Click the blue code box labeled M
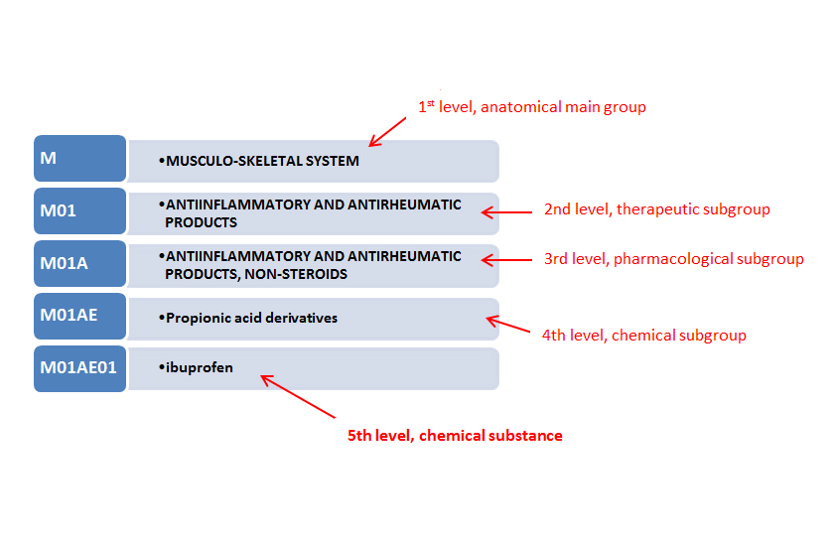coord(79,159)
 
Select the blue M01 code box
coord(79,210)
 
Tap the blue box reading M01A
coord(79,263)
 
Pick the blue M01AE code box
coord(79,316)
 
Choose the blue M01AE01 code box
coord(79,368)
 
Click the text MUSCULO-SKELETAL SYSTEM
coord(262,160)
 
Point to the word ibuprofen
coord(200,367)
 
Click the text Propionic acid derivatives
coord(251,318)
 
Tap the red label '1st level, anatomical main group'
coord(531,106)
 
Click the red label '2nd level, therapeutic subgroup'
coord(656,209)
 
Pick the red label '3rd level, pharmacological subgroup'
coord(673,259)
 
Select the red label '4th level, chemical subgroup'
coord(643,336)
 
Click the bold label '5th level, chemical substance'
coord(455,435)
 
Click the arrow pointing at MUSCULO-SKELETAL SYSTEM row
coord(388,130)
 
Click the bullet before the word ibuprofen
coord(160,367)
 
